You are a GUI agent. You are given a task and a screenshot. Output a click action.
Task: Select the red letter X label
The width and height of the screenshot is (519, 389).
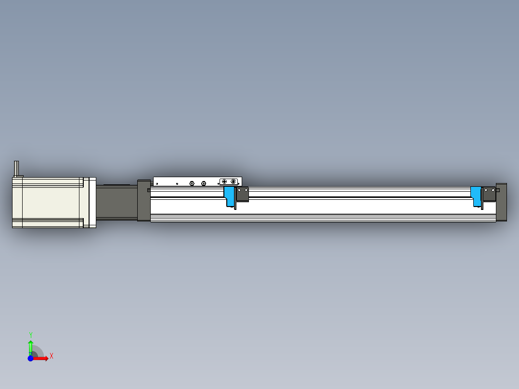click(x=52, y=356)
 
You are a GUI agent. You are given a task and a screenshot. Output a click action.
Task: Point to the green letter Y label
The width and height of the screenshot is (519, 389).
click(x=31, y=335)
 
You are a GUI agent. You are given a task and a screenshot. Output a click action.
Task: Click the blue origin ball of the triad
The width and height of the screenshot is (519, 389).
click(x=30, y=359)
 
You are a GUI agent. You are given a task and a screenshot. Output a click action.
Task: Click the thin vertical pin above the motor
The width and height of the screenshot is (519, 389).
click(x=17, y=168)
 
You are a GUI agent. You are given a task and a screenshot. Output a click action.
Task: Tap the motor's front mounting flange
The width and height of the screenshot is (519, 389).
click(x=89, y=202)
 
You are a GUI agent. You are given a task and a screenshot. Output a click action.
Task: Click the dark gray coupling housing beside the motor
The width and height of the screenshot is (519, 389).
click(x=116, y=202)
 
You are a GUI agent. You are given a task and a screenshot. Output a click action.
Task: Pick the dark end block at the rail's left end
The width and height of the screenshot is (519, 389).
click(x=143, y=200)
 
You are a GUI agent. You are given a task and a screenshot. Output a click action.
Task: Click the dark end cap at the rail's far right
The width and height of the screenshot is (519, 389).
click(x=501, y=202)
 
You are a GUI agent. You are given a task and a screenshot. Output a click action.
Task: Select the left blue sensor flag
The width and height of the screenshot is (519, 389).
click(x=229, y=195)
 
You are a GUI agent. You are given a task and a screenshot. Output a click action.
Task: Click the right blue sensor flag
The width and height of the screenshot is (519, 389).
click(x=476, y=194)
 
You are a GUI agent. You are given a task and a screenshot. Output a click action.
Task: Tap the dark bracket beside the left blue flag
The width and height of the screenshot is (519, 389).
click(x=242, y=194)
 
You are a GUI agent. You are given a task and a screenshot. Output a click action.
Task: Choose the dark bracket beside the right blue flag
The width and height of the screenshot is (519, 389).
click(x=489, y=194)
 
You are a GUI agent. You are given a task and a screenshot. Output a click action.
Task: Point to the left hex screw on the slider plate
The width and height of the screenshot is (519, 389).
click(x=192, y=183)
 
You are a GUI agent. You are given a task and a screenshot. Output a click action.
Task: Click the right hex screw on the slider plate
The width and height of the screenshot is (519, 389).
click(x=204, y=183)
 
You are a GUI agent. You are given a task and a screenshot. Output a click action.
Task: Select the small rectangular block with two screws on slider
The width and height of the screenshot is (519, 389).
click(x=229, y=182)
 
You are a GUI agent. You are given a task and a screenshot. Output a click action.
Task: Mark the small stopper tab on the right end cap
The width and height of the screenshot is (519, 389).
click(x=498, y=190)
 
